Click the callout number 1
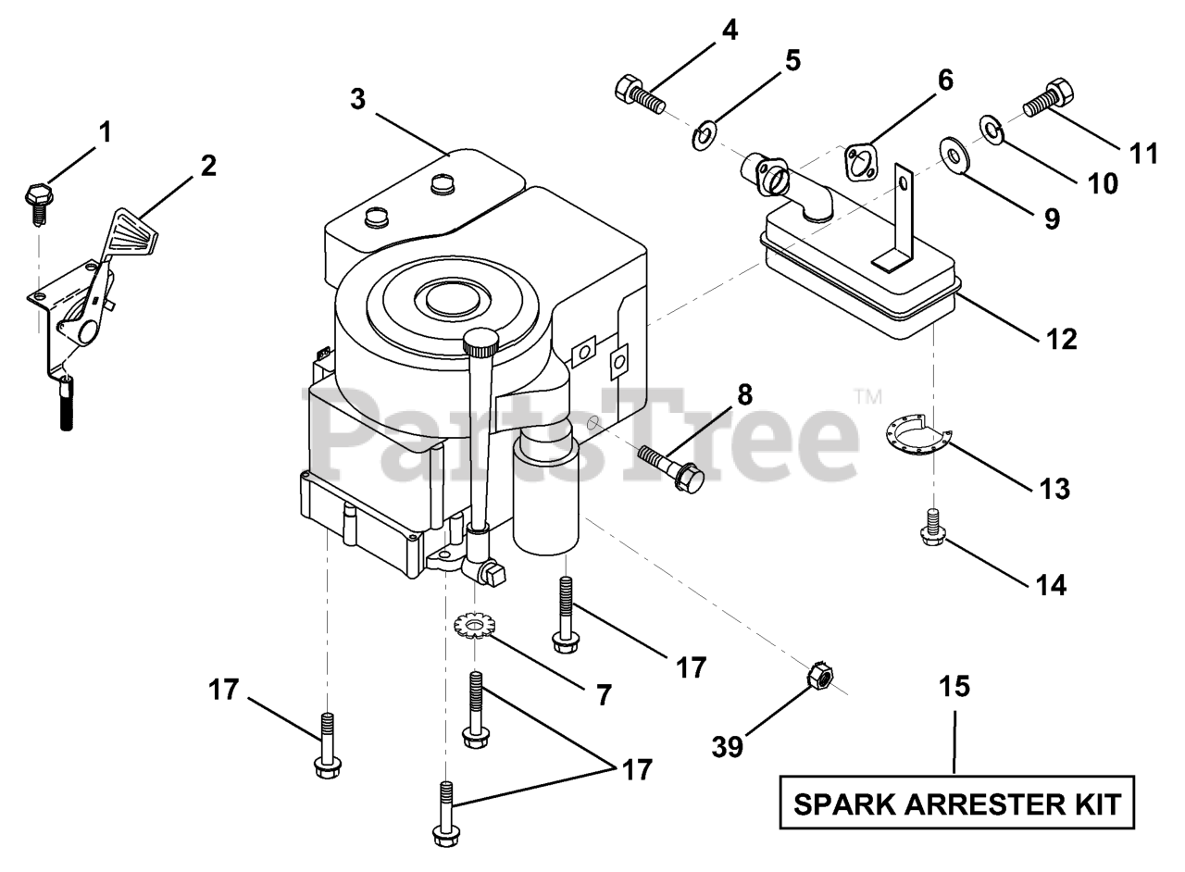point(105,132)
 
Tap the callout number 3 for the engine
point(358,99)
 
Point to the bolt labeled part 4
point(640,93)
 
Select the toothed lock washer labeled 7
point(475,626)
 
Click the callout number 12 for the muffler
point(1061,340)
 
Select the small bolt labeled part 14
point(933,528)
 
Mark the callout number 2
point(208,166)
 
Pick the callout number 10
point(1102,183)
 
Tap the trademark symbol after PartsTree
point(868,397)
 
